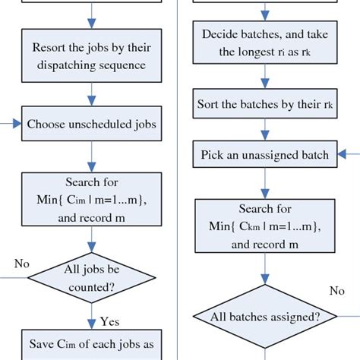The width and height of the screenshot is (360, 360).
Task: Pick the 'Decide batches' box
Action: [x=265, y=44]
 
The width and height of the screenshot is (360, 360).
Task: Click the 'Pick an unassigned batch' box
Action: [x=265, y=155]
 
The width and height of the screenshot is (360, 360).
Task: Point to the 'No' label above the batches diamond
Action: [x=336, y=291]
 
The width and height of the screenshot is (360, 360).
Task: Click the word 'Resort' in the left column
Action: [x=50, y=48]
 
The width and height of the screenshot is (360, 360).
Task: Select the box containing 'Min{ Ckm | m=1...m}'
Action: [x=265, y=226]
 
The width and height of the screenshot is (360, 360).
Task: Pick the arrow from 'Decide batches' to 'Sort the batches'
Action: [x=265, y=76]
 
